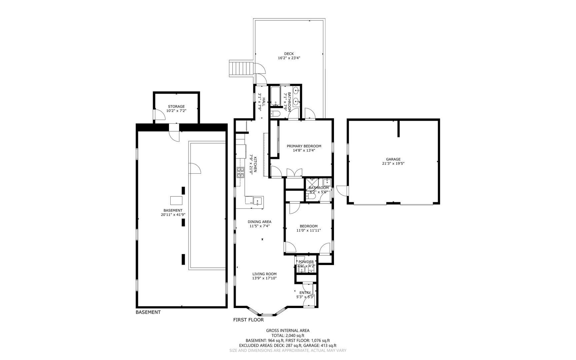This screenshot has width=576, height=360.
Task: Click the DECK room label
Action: pyautogui.click(x=289, y=54)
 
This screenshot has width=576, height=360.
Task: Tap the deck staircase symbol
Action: pyautogui.click(x=241, y=69)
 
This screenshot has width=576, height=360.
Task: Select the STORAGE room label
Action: pyautogui.click(x=176, y=106)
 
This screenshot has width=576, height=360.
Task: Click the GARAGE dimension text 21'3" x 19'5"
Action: pyautogui.click(x=393, y=164)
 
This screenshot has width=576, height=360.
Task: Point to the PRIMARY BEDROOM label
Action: pyautogui.click(x=304, y=146)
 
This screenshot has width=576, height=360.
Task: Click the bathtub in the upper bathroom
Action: pyautogui.click(x=275, y=96)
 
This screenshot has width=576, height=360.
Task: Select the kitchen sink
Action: pyautogui.click(x=258, y=201)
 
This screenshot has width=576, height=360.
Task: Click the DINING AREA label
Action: pyautogui.click(x=259, y=222)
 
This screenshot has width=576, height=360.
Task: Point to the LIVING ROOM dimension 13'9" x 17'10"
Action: pyautogui.click(x=264, y=278)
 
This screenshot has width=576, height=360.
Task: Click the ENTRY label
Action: pyautogui.click(x=305, y=293)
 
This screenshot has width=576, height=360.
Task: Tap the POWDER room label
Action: pyautogui.click(x=306, y=262)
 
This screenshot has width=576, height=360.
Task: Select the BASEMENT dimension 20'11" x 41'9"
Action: pyautogui.click(x=173, y=215)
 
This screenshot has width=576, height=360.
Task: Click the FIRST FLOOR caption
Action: pyautogui.click(x=248, y=320)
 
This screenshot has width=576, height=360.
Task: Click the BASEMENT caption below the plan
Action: pyautogui.click(x=148, y=312)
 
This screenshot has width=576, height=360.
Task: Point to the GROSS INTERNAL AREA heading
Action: pyautogui.click(x=288, y=331)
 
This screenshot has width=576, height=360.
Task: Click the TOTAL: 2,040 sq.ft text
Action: pyautogui.click(x=288, y=336)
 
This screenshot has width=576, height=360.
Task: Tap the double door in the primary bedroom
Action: pyautogui.click(x=294, y=173)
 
